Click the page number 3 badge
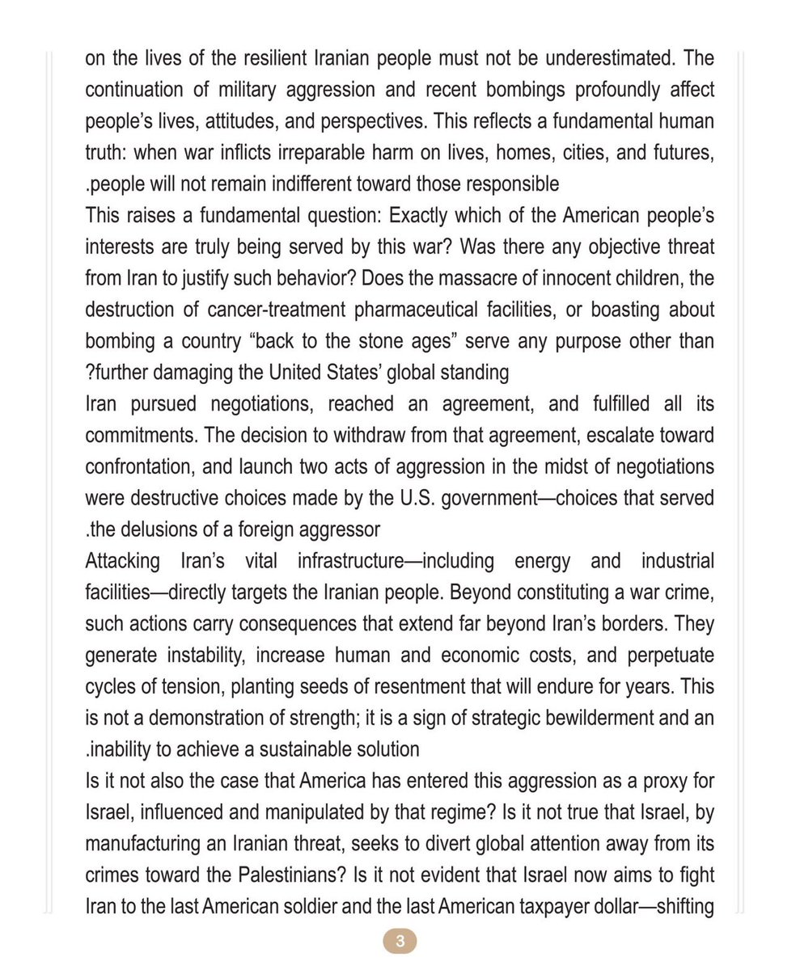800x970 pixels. (400, 941)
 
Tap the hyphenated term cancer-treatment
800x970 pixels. (276, 310)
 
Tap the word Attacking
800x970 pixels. (123, 562)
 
